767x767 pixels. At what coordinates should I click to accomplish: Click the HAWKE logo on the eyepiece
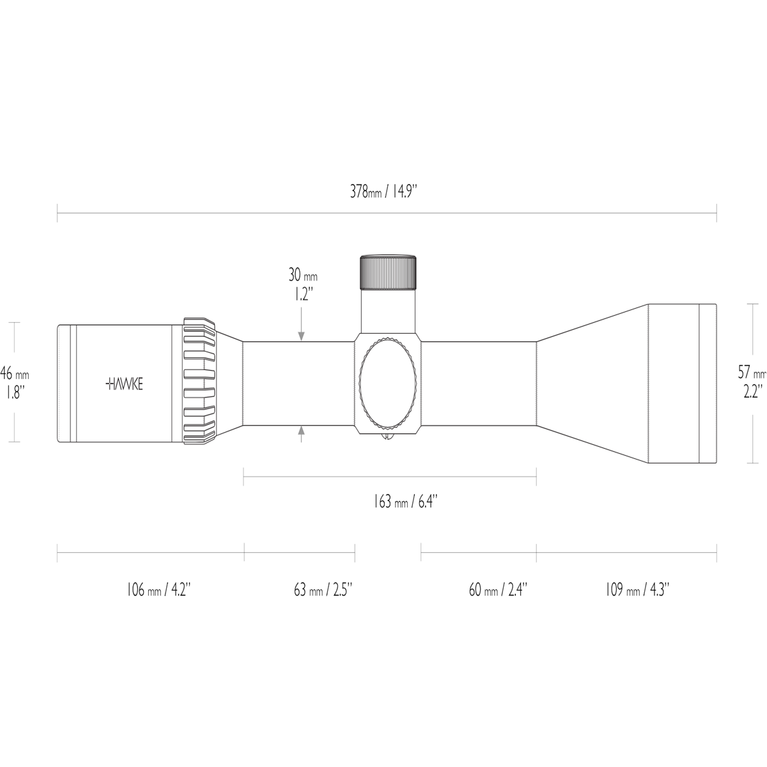(x=124, y=383)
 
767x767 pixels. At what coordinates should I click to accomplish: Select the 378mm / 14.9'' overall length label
(x=383, y=191)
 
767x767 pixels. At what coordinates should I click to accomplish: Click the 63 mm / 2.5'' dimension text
(x=323, y=589)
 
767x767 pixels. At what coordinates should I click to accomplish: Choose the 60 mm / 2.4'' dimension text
(x=498, y=589)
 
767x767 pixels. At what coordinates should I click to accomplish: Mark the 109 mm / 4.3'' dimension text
(x=637, y=589)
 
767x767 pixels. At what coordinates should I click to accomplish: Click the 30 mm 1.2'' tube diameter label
(x=302, y=284)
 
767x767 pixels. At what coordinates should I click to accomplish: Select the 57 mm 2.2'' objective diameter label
(x=752, y=382)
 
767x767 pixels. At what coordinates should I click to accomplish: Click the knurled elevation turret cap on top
(x=389, y=272)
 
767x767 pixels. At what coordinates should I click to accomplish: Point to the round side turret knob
(x=389, y=382)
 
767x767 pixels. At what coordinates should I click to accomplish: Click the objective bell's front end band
(x=707, y=383)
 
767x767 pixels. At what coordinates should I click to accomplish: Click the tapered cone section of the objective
(x=591, y=383)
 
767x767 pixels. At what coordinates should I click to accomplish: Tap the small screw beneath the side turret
(x=387, y=437)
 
